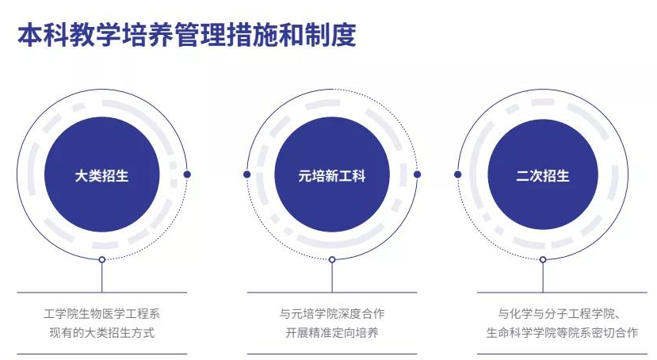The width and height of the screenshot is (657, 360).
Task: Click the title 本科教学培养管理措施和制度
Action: pyautogui.click(x=187, y=35)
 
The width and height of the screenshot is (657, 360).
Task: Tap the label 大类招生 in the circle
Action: pyautogui.click(x=101, y=175)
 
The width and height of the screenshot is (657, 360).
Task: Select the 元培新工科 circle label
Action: pyautogui.click(x=332, y=175)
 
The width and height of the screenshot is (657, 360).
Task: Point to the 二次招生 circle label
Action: pyautogui.click(x=543, y=175)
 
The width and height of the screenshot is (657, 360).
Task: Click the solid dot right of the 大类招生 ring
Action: pyautogui.click(x=187, y=174)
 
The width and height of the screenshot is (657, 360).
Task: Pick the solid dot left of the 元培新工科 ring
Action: pyautogui.click(x=246, y=174)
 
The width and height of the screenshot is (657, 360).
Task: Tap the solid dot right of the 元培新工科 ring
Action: pyautogui.click(x=417, y=174)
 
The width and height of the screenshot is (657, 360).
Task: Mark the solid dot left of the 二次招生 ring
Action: pyautogui.click(x=457, y=174)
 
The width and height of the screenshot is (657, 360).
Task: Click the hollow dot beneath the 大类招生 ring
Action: pyautogui.click(x=101, y=260)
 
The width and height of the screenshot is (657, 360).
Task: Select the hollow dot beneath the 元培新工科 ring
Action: pyautogui.click(x=332, y=260)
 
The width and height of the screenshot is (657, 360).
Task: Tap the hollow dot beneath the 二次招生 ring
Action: pyautogui.click(x=543, y=260)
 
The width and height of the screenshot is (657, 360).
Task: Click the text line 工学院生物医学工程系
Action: pyautogui.click(x=101, y=313)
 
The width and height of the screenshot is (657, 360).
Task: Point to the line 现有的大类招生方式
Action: pyautogui.click(x=101, y=333)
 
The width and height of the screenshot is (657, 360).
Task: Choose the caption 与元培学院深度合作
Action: pyautogui.click(x=332, y=313)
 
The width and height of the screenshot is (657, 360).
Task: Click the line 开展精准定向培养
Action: pyautogui.click(x=332, y=333)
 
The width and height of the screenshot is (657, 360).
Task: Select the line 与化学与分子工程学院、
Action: pyautogui.click(x=560, y=313)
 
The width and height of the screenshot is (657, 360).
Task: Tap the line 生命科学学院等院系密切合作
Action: pyautogui.click(x=562, y=333)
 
